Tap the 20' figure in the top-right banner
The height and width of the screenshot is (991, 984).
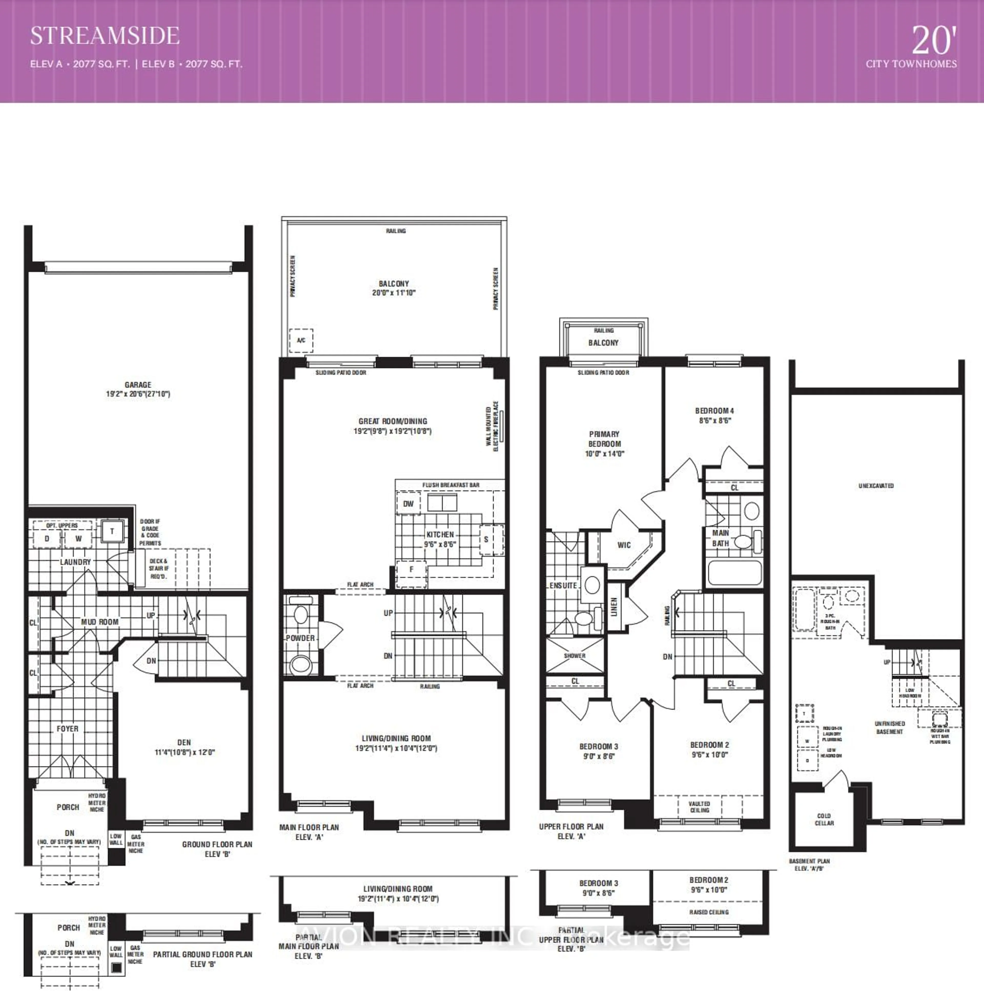pos(934,41)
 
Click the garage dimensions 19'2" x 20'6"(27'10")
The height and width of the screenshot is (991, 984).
pos(138,394)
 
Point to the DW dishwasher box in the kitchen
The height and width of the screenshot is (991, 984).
pos(408,504)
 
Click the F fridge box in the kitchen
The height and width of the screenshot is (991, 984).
pos(411,569)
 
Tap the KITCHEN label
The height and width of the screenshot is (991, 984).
pos(440,534)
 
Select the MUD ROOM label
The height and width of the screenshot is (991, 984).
pos(99,622)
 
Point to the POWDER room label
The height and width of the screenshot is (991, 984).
pos(300,638)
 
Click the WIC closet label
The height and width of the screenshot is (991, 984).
pos(624,545)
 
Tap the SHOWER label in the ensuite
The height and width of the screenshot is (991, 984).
pos(575,656)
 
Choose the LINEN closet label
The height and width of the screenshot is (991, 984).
pos(614,607)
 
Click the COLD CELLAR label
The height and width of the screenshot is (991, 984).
pos(824,819)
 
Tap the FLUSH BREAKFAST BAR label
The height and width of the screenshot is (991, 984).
pos(450,485)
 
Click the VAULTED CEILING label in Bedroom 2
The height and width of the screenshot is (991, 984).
pos(699,807)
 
